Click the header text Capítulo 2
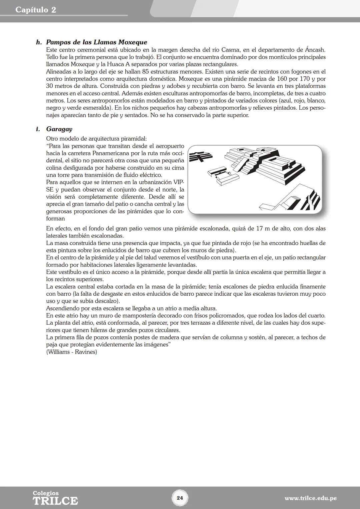36,10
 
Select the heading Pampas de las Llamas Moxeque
96,42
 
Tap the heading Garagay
59,129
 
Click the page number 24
180,498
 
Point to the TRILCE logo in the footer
55,500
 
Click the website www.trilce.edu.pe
310,498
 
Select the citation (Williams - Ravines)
71,352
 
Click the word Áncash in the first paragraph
315,50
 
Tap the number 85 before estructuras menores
145,72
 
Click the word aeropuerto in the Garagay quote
170,146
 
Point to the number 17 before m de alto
260,229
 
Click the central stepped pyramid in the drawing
263,163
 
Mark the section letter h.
39,43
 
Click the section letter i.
38,129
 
